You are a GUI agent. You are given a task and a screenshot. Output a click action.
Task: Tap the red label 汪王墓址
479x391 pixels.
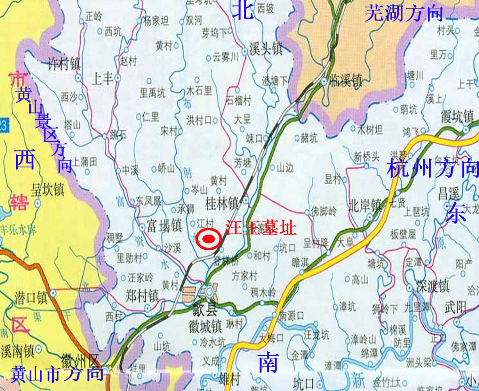261,228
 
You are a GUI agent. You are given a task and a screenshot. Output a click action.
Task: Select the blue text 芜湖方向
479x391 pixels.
403,13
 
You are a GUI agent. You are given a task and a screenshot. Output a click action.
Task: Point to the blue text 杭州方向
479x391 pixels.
432,169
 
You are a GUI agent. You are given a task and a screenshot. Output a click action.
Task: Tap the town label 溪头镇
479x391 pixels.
266,50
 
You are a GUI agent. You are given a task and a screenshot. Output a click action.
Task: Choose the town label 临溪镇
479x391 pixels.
345,80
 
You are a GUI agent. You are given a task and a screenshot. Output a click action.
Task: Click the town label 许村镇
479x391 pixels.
64,64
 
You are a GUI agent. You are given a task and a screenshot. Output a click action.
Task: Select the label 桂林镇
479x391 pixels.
221,202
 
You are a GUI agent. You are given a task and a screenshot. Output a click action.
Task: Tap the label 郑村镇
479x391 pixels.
142,295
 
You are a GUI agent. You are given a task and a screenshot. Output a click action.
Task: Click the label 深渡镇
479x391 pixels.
433,286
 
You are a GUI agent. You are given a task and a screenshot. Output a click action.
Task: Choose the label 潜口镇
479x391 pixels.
31,297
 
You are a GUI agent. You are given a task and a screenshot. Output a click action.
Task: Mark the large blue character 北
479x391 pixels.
243,10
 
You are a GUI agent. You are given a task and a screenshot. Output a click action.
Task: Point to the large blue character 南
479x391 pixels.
268,363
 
